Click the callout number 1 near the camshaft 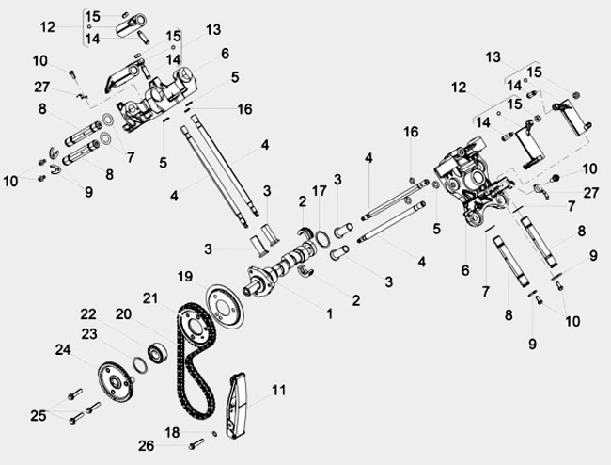click(x=330, y=313)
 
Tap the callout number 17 click(x=320, y=191)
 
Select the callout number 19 click(x=185, y=277)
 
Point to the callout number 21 click(x=150, y=298)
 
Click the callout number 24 click(x=63, y=349)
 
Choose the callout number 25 click(x=39, y=416)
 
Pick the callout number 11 click(x=278, y=390)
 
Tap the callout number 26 click(x=146, y=446)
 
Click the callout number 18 click(x=172, y=432)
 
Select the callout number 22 click(x=88, y=314)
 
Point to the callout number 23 click(x=89, y=334)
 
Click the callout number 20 click(x=123, y=314)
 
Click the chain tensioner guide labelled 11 click(x=236, y=406)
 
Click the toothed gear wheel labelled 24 click(x=114, y=382)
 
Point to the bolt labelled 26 click(x=196, y=444)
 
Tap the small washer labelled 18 click(x=214, y=434)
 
